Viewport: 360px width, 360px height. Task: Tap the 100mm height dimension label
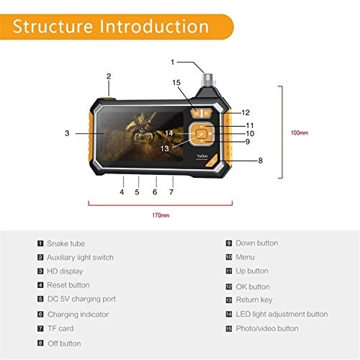click(x=299, y=133)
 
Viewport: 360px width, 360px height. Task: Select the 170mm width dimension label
click(x=161, y=215)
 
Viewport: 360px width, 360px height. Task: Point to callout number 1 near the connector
click(x=172, y=63)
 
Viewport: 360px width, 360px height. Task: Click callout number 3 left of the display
click(x=66, y=133)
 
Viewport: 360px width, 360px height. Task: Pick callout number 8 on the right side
click(x=260, y=160)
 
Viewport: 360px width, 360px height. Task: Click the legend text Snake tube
click(x=66, y=243)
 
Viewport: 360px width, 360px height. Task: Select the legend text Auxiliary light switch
click(x=81, y=257)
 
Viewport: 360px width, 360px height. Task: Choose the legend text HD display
click(x=65, y=271)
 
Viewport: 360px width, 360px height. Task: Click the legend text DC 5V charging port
click(x=81, y=299)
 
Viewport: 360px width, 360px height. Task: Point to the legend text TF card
click(x=60, y=328)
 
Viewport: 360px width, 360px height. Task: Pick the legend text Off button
click(x=64, y=343)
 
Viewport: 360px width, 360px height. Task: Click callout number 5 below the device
click(x=138, y=192)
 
